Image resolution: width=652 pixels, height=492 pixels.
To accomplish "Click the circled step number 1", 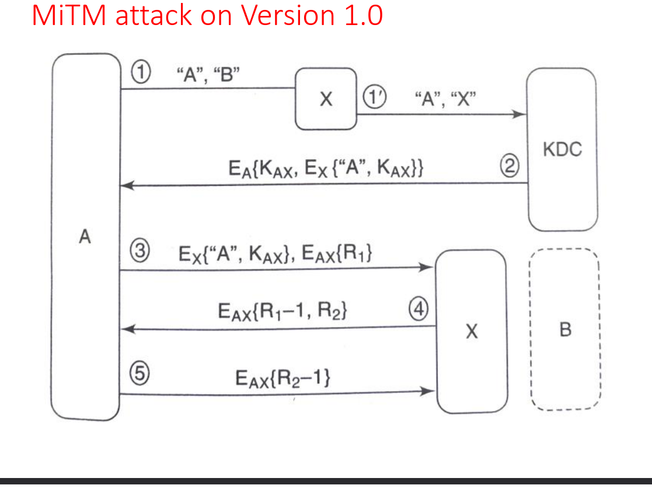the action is (x=141, y=72).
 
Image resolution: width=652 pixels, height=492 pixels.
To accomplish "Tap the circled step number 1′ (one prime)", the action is (x=375, y=97).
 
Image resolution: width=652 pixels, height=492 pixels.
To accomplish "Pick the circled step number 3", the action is (x=140, y=251).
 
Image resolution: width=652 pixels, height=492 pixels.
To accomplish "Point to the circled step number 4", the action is (x=419, y=308).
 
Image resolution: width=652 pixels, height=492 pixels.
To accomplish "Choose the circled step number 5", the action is (x=140, y=373).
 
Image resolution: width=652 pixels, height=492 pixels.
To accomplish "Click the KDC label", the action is (x=562, y=149).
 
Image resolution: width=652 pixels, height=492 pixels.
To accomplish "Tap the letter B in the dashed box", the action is (x=566, y=330).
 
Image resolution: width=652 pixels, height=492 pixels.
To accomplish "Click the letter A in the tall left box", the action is (x=85, y=237).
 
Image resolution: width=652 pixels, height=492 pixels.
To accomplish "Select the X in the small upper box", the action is (x=326, y=99).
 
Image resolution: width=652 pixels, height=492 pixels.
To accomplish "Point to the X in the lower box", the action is (x=472, y=331).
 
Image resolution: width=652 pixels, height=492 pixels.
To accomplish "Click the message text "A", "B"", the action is (x=208, y=75).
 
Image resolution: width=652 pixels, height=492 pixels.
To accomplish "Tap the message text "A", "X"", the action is (x=445, y=99).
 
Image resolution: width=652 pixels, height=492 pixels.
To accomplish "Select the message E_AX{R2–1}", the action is (x=283, y=379).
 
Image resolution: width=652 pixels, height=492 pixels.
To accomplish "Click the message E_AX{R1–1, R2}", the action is (x=283, y=311).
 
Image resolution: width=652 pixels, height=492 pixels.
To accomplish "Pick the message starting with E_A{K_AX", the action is (x=326, y=168).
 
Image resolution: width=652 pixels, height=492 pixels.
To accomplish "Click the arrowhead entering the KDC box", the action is (x=519, y=114).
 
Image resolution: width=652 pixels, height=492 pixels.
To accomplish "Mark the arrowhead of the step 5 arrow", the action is (x=427, y=391).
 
